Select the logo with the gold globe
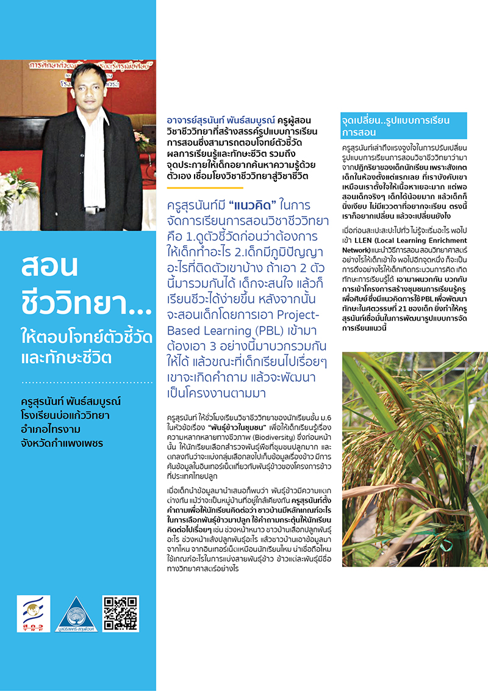[34, 613]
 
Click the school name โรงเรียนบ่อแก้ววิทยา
[65, 416]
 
